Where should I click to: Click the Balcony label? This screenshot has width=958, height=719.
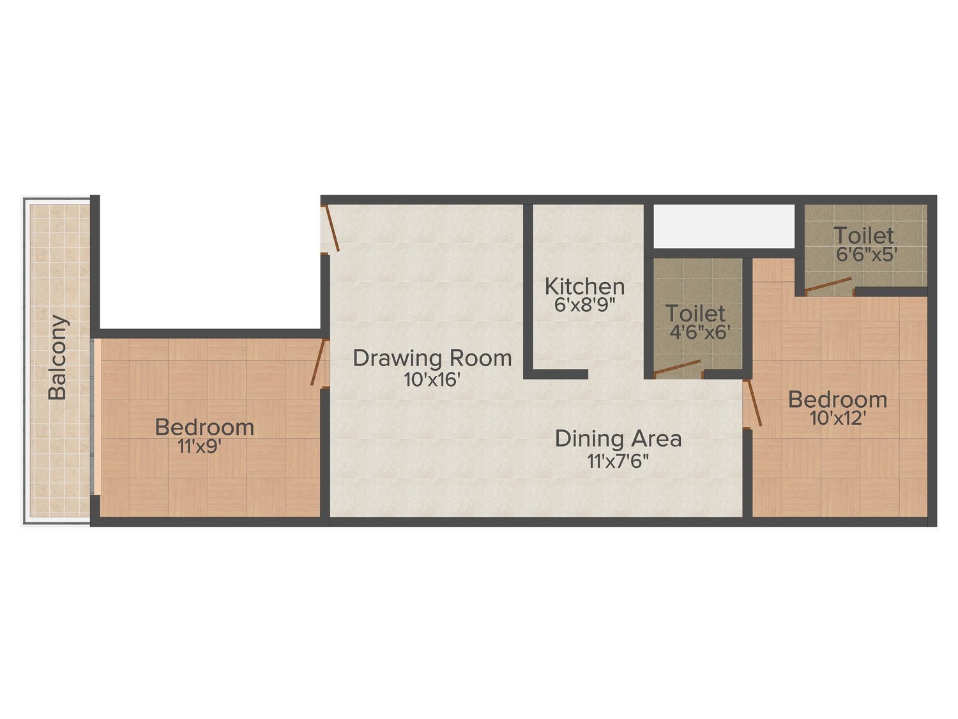pyautogui.click(x=57, y=357)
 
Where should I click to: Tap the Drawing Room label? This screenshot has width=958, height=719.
pyautogui.click(x=432, y=358)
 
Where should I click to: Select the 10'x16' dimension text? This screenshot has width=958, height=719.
pyautogui.click(x=432, y=380)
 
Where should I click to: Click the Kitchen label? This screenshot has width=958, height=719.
pyautogui.click(x=584, y=286)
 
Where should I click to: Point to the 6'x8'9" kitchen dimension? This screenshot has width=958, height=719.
pyautogui.click(x=584, y=304)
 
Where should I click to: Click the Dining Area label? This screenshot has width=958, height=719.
pyautogui.click(x=618, y=439)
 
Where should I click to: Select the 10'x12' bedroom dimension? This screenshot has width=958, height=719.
pyautogui.click(x=837, y=419)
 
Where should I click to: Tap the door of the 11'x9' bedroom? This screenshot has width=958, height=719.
pyautogui.click(x=318, y=362)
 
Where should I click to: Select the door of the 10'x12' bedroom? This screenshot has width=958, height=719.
pyautogui.click(x=753, y=403)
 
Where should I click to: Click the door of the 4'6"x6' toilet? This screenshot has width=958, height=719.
pyautogui.click(x=677, y=368)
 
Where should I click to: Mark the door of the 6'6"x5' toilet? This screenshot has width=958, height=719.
pyautogui.click(x=828, y=285)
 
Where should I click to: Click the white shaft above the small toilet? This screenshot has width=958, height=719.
pyautogui.click(x=724, y=226)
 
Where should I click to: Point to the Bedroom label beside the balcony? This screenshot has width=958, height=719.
pyautogui.click(x=204, y=427)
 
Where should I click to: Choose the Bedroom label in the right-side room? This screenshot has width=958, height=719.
pyautogui.click(x=837, y=399)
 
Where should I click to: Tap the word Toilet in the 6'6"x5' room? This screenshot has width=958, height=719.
pyautogui.click(x=863, y=236)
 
